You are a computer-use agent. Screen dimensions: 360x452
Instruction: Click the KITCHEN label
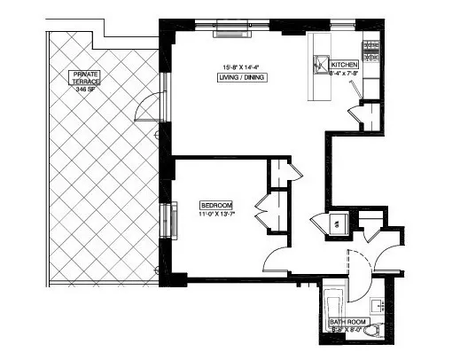click(x=344, y=66)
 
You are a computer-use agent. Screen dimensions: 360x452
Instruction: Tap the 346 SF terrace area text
click(x=86, y=90)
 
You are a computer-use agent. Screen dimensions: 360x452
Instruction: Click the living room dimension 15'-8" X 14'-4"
click(x=242, y=66)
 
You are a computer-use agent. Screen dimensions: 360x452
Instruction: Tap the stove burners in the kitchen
click(x=371, y=50)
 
